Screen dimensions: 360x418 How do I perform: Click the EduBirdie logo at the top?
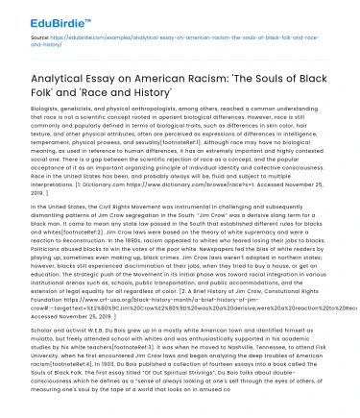40,14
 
